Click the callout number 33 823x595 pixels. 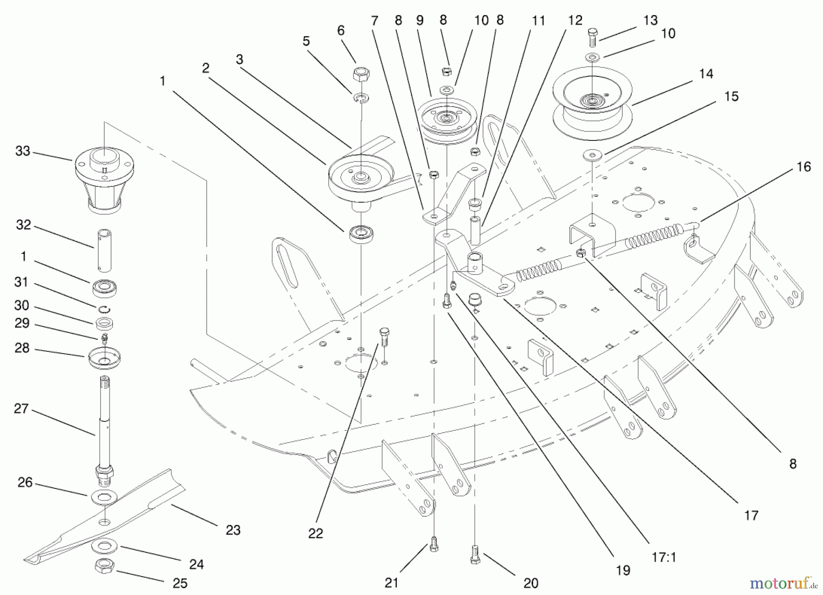(x=23, y=151)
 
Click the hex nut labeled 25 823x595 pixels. (x=105, y=567)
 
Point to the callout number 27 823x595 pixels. (x=21, y=408)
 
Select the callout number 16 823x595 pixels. (x=803, y=167)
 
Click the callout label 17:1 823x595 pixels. (x=663, y=557)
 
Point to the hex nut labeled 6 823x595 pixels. (x=361, y=74)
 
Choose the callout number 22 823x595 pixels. (x=315, y=533)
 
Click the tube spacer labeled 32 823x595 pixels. (x=105, y=250)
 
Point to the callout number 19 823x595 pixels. (x=623, y=570)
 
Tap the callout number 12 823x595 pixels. (x=575, y=20)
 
